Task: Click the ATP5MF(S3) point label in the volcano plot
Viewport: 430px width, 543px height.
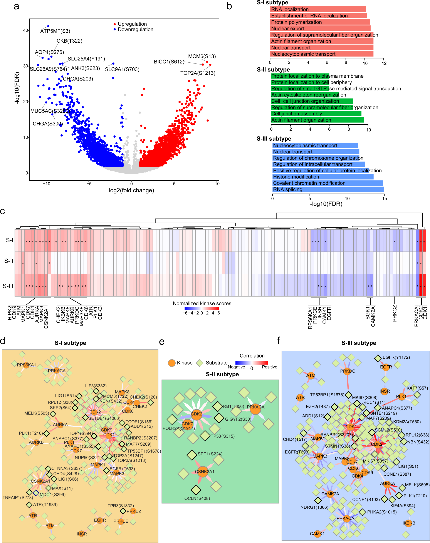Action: (x=55, y=31)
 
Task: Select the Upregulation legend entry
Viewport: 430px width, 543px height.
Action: (x=132, y=24)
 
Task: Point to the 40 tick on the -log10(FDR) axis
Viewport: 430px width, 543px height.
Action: (x=26, y=30)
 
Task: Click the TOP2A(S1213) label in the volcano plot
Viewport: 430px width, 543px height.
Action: (x=198, y=73)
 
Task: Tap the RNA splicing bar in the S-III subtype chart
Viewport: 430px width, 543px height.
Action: (x=328, y=189)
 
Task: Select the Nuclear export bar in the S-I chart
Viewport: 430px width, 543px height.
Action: (x=320, y=28)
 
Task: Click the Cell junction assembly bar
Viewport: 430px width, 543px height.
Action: (x=316, y=114)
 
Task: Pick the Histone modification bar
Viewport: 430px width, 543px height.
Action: (x=323, y=177)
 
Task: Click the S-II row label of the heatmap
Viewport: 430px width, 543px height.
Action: (x=9, y=261)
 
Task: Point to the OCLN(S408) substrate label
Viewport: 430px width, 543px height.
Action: (x=197, y=498)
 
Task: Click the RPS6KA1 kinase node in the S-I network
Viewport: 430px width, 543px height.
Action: (x=26, y=365)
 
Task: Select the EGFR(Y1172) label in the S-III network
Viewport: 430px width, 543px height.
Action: (x=396, y=357)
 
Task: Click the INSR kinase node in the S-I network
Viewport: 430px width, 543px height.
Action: (x=81, y=534)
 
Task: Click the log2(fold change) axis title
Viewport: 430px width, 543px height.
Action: (x=131, y=190)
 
